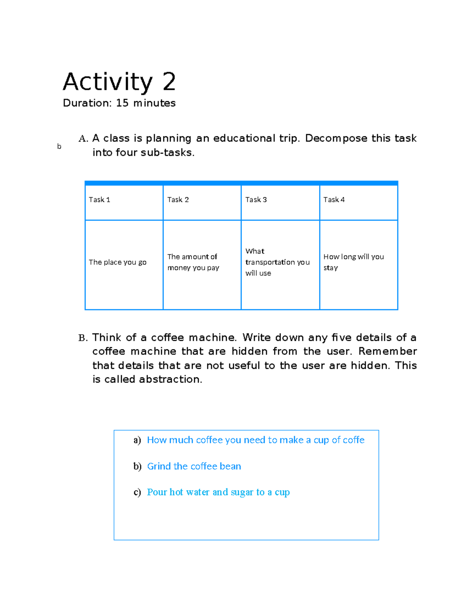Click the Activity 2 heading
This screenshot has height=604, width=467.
click(x=119, y=82)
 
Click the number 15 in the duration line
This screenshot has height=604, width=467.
click(x=122, y=103)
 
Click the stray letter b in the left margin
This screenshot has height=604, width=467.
click(x=59, y=147)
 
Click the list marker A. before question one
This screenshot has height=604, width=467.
click(x=83, y=139)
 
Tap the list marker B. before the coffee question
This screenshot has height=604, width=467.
click(x=83, y=338)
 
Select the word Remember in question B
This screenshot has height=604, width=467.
click(x=387, y=351)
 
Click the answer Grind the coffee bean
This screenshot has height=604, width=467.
click(x=194, y=466)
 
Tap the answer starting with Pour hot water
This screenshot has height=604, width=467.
click(x=218, y=492)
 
